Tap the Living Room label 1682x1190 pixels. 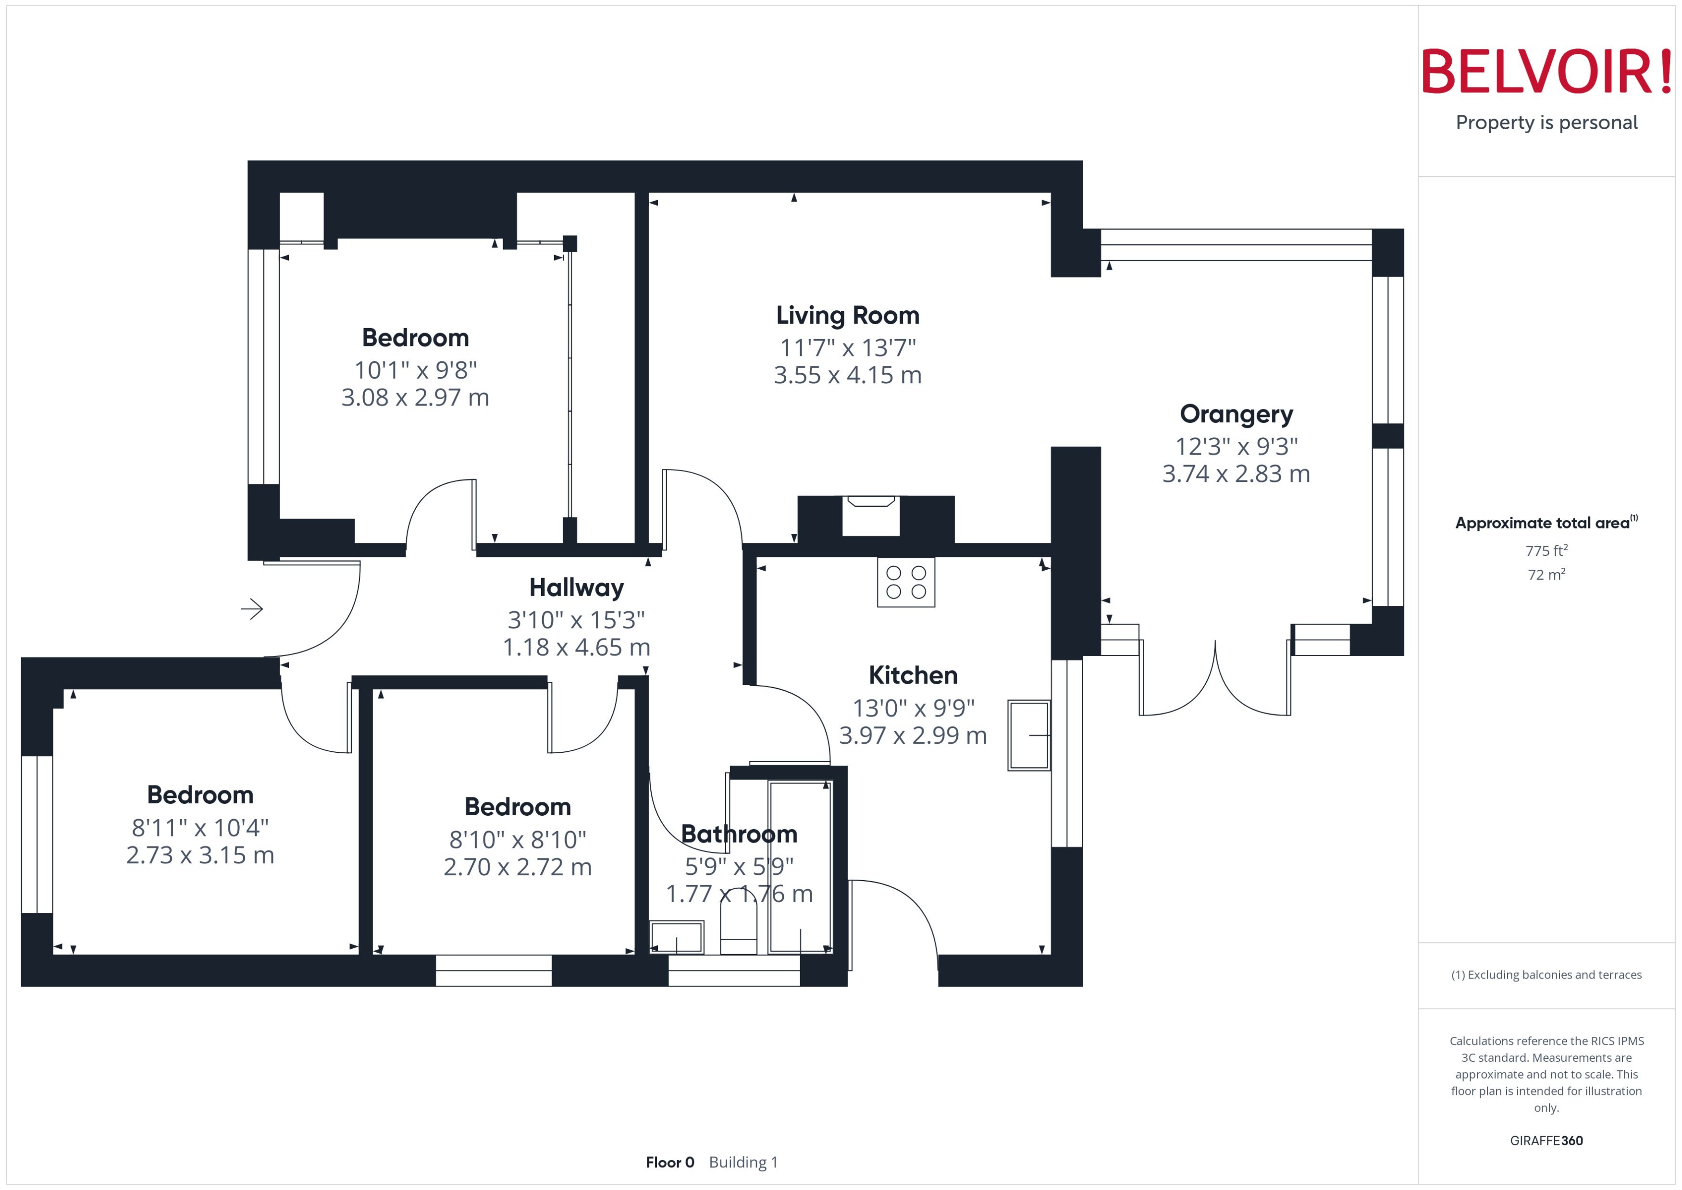(x=847, y=315)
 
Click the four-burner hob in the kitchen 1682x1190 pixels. (x=906, y=583)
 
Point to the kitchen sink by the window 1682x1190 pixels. (x=1028, y=735)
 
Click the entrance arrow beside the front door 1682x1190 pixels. (x=252, y=609)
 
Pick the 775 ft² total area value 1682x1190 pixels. (x=1546, y=550)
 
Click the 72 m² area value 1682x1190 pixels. (x=1546, y=575)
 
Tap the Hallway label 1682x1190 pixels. (x=576, y=588)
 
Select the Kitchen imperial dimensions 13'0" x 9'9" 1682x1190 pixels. (x=913, y=708)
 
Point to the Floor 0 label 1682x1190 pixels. (x=669, y=1162)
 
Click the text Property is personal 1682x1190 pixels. (x=1546, y=123)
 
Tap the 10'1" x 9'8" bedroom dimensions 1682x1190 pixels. (x=416, y=370)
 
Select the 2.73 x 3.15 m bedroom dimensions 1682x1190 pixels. (x=200, y=855)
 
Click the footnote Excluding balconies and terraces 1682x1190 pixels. (x=1546, y=975)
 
